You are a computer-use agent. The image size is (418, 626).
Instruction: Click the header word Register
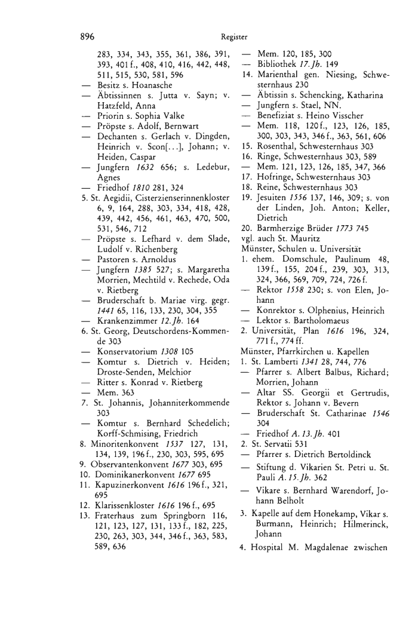pos(229,36)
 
